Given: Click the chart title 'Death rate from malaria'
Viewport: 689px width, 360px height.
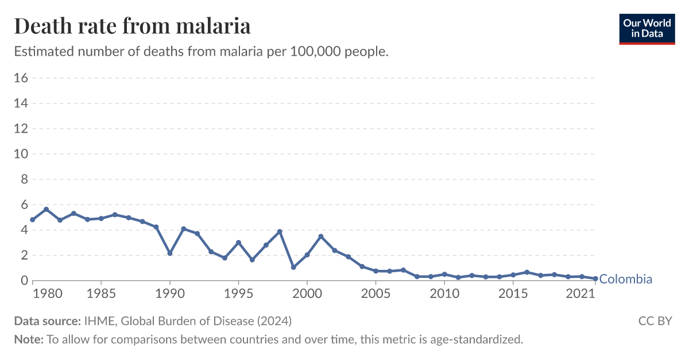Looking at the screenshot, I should pyautogui.click(x=132, y=26).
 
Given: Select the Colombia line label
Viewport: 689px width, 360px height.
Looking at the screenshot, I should pyautogui.click(x=625, y=280).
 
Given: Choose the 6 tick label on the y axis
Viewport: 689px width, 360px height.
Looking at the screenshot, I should pyautogui.click(x=24, y=205).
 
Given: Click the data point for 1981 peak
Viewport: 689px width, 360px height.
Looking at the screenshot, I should pyautogui.click(x=47, y=210).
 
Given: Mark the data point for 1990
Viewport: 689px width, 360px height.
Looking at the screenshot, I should pyautogui.click(x=170, y=253).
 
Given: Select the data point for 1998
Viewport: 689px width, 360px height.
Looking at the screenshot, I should pyautogui.click(x=280, y=231).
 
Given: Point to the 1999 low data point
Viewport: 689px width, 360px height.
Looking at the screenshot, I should pyautogui.click(x=293, y=267).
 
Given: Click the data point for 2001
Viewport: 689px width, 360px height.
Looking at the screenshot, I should pyautogui.click(x=321, y=237).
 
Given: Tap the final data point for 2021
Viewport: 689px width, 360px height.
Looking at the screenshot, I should pyautogui.click(x=595, y=278).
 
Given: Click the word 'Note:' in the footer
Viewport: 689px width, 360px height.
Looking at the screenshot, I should pyautogui.click(x=29, y=339).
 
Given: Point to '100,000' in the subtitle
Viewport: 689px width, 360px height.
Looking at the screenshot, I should pyautogui.click(x=313, y=52).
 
